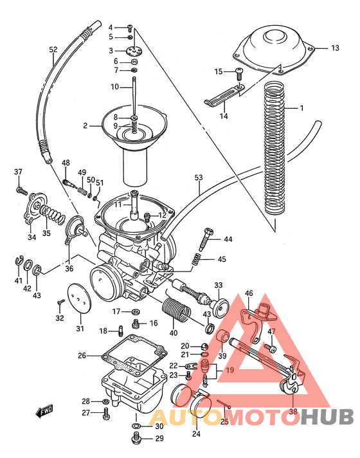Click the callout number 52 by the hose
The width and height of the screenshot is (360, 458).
click(53, 49)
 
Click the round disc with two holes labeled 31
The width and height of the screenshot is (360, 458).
click(80, 300)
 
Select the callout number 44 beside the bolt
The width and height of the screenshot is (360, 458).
click(228, 239)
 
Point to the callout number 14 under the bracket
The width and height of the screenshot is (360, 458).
click(224, 116)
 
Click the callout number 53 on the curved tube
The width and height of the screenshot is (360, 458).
click(198, 177)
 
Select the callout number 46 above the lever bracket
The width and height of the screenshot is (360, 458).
click(249, 293)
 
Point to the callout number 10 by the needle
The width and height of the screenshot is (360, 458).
click(114, 87)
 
